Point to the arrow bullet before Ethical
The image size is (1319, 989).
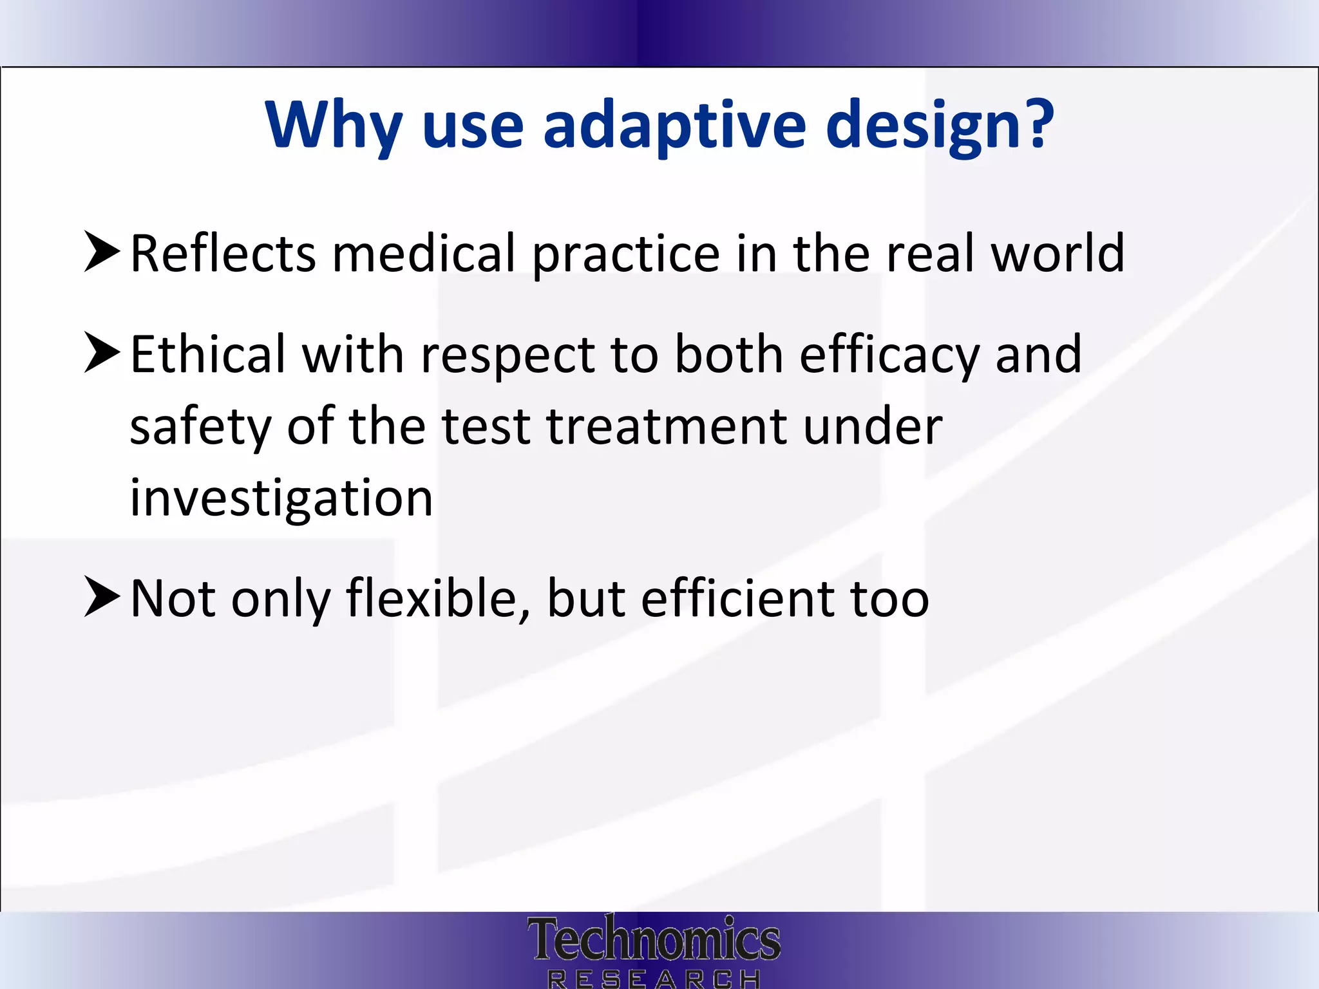pos(102,353)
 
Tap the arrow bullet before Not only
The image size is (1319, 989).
pos(102,598)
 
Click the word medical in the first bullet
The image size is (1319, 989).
pos(424,253)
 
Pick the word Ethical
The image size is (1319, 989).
pos(207,354)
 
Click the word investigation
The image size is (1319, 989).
pos(281,499)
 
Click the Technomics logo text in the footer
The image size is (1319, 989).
pos(654,939)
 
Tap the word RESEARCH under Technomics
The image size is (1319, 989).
pos(654,979)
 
